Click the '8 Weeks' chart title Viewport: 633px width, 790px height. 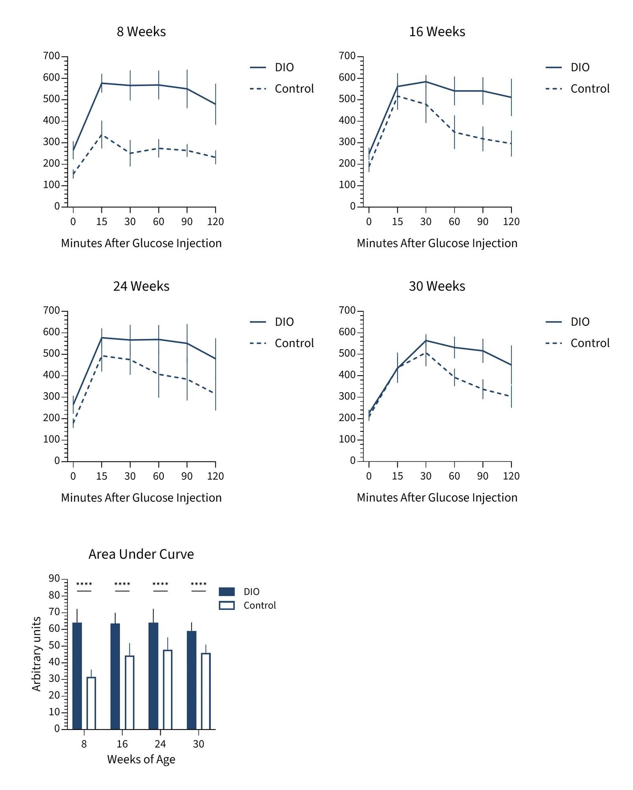point(141,32)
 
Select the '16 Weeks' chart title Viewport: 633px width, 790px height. point(437,32)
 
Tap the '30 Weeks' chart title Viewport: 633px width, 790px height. point(437,286)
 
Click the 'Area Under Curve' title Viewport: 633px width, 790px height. point(141,554)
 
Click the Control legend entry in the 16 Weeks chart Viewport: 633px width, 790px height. point(578,88)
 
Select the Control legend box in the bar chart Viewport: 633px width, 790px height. point(227,606)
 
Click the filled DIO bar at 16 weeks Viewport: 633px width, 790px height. point(115,676)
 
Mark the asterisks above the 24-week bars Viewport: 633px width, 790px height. point(160,584)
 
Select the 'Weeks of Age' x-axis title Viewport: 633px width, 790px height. point(141,759)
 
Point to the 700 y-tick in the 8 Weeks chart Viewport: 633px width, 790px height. point(51,56)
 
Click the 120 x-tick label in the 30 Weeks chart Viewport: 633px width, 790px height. point(511,476)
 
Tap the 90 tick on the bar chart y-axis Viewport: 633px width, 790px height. point(54,579)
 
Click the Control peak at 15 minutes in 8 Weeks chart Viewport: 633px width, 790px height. point(102,135)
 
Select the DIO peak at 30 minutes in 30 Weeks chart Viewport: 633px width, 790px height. point(426,340)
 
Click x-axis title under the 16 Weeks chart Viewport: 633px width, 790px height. point(437,243)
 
